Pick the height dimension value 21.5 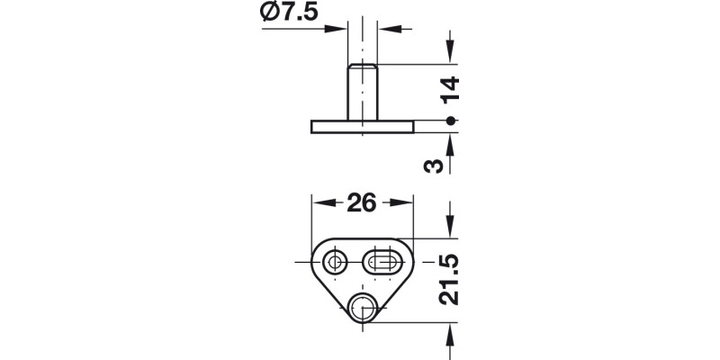(x=452, y=280)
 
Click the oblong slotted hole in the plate (x=385, y=262)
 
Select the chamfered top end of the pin (x=361, y=67)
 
